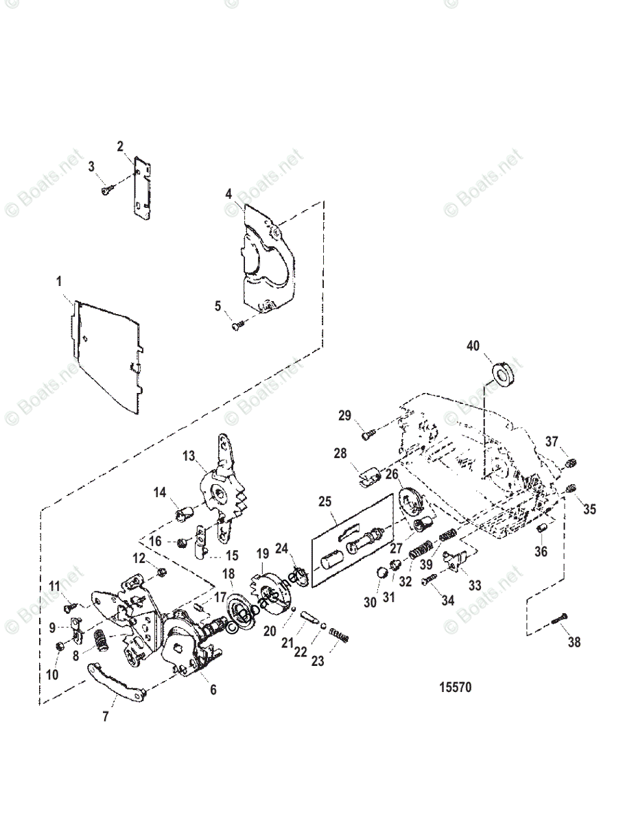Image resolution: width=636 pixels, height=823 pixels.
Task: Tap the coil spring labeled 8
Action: tap(100, 642)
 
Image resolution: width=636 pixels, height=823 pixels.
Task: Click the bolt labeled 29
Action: tap(367, 433)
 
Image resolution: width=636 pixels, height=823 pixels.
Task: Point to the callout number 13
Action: tap(189, 455)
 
